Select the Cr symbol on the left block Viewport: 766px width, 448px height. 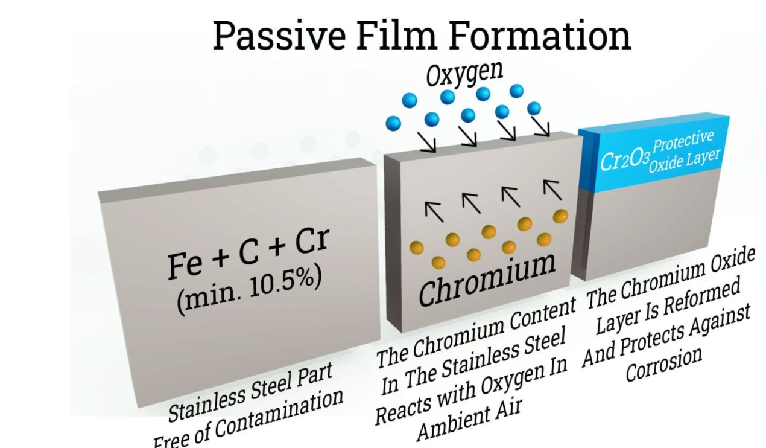tap(312, 242)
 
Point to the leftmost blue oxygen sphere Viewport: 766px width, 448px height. tap(393, 124)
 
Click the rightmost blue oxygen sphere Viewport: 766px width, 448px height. tap(534, 109)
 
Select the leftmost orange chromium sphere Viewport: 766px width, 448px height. tap(416, 248)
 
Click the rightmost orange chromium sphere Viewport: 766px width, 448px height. tap(561, 215)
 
